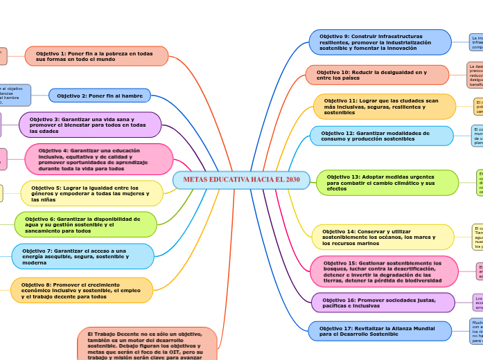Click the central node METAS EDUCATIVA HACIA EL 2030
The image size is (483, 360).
(x=241, y=180)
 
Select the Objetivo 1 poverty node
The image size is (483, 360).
(x=97, y=56)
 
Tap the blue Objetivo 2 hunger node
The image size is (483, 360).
(x=100, y=96)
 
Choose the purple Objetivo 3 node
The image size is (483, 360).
(x=90, y=125)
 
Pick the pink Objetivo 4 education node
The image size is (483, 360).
(x=99, y=159)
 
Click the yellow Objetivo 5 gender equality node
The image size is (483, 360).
(x=92, y=193)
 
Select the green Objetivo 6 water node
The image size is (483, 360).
(x=87, y=224)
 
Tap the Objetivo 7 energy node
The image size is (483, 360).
(x=83, y=255)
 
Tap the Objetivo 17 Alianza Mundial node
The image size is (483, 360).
(x=380, y=331)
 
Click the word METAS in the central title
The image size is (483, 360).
(x=196, y=180)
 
